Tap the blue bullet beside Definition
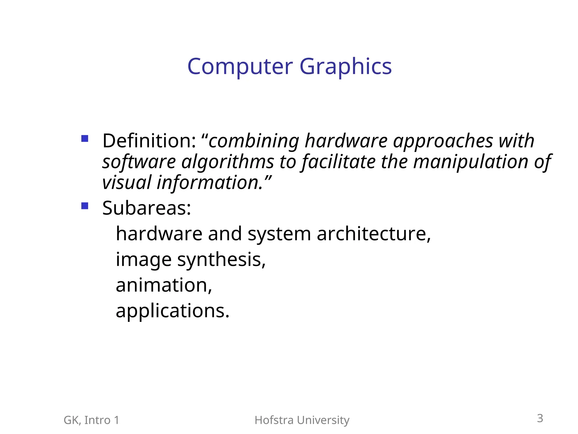point(85,138)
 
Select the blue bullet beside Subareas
point(85,206)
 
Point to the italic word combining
point(253,141)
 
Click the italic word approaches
point(443,141)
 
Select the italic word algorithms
point(227,162)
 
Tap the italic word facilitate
point(339,162)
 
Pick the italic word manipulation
point(471,162)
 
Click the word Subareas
point(146,208)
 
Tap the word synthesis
point(221,259)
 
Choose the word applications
point(172,311)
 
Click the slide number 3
point(540,418)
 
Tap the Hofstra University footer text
point(302,420)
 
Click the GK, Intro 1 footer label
point(91,420)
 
